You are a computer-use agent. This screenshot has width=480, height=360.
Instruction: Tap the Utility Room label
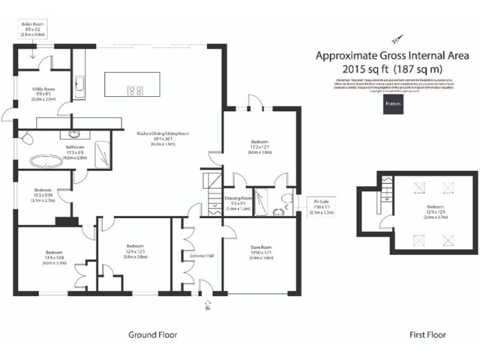(44, 94)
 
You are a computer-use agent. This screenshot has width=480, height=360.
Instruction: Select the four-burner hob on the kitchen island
(134, 91)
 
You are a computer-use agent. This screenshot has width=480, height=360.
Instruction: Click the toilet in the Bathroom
(26, 137)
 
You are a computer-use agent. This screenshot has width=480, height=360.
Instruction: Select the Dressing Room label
(237, 202)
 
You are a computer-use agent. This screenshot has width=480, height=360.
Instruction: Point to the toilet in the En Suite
(288, 200)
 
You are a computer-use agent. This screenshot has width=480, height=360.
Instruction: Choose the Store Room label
(262, 254)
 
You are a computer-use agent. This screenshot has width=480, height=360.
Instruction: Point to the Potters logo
(394, 104)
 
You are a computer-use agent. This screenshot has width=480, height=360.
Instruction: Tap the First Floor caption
(427, 335)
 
